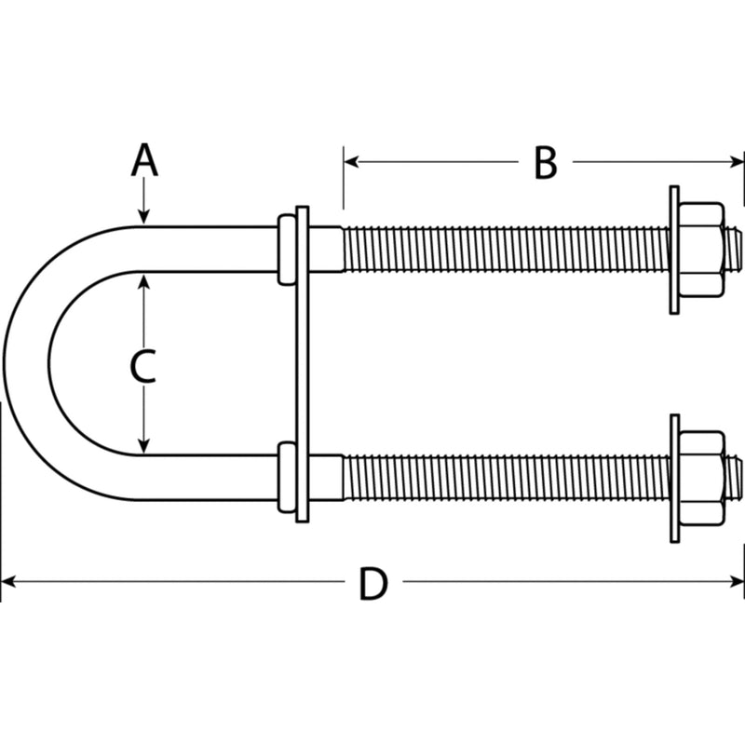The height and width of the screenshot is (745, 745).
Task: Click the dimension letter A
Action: (x=144, y=160)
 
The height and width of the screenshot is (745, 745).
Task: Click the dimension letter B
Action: (x=546, y=163)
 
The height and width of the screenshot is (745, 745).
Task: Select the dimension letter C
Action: (x=143, y=366)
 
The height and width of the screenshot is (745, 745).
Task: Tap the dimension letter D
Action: (x=373, y=584)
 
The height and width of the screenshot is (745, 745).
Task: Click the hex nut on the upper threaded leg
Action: (x=701, y=250)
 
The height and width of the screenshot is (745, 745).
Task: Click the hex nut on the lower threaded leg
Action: (x=701, y=479)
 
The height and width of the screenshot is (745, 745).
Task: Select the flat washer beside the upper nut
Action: (x=674, y=250)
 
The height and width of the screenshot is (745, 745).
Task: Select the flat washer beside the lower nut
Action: (x=674, y=479)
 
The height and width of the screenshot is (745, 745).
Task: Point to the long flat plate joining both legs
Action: (x=302, y=364)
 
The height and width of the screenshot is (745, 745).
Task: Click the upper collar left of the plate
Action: (x=286, y=250)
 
